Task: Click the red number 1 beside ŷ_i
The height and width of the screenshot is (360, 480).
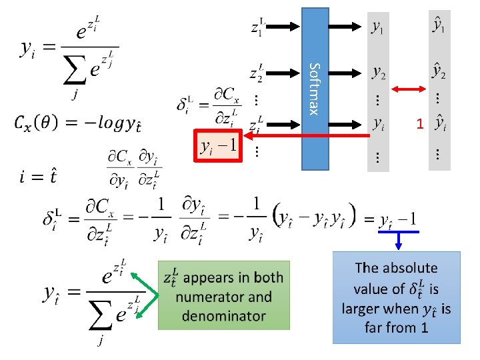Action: [419, 124]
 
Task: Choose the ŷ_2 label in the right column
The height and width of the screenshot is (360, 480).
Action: [439, 69]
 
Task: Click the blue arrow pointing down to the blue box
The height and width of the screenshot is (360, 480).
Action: [397, 239]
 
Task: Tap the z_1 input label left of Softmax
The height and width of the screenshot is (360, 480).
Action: [258, 27]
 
